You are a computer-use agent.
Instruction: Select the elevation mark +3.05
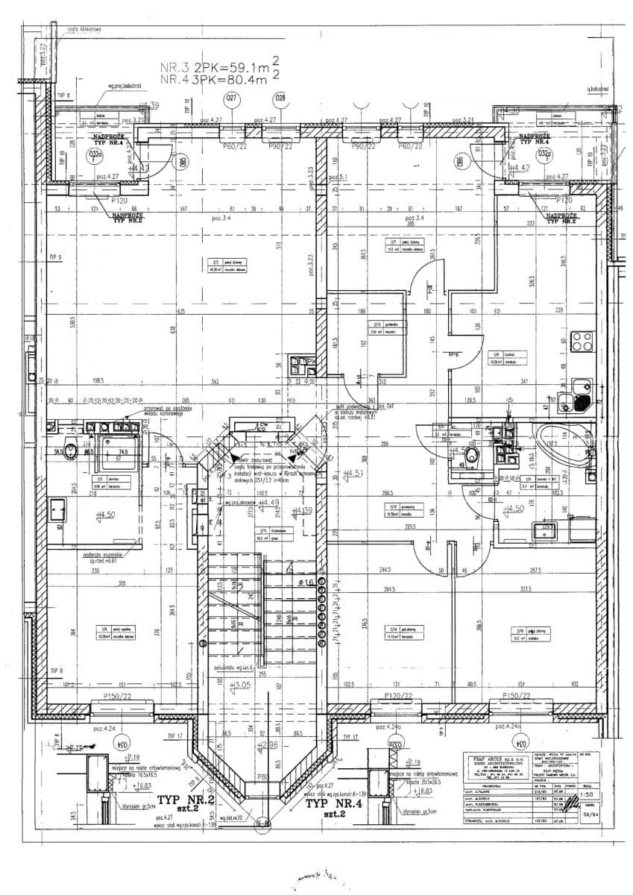(x=240, y=685)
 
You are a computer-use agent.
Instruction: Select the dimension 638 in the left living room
(x=174, y=329)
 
